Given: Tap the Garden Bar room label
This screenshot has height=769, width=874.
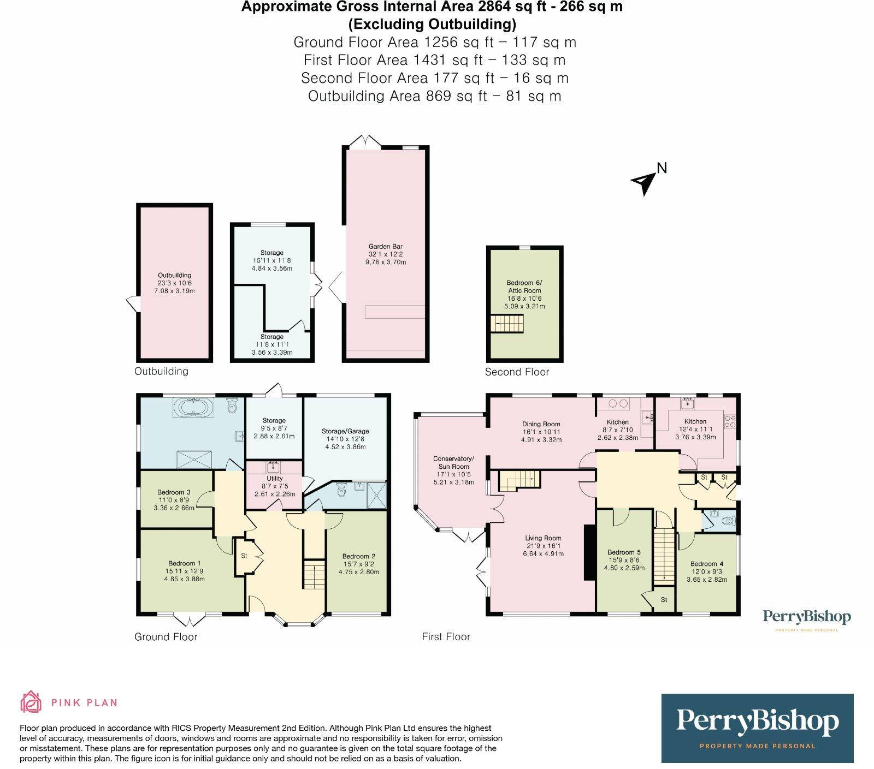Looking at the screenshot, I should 385,247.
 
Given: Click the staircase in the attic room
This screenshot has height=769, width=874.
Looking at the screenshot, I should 506,324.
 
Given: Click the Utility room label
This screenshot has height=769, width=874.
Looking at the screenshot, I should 275,478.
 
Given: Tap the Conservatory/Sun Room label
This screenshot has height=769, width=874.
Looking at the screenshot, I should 453,462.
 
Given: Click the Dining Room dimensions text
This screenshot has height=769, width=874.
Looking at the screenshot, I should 541,439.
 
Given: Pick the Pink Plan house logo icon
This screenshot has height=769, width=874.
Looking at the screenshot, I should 31,702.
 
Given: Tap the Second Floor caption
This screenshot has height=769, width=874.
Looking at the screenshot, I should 517,372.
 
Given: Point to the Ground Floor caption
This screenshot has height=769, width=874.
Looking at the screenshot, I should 166,637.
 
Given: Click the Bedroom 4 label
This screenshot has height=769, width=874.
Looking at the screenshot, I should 707,564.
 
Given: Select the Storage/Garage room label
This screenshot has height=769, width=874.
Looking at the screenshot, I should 345,431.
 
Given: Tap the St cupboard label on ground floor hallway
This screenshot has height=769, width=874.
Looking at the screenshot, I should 244,556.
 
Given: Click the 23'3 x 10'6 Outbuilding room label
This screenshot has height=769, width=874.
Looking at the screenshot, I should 175,283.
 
